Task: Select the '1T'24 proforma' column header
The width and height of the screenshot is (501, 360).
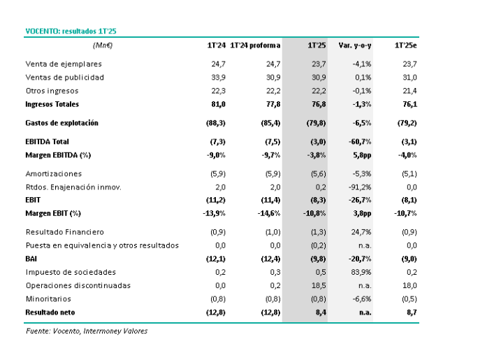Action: click(255, 45)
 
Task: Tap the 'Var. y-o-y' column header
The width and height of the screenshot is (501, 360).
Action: click(355, 45)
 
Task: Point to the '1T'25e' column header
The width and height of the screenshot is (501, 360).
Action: click(406, 45)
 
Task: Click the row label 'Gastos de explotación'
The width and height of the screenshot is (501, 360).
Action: click(61, 123)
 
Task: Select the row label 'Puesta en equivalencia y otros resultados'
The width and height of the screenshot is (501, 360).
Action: click(102, 245)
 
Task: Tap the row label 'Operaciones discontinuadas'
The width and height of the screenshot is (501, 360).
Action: click(71, 286)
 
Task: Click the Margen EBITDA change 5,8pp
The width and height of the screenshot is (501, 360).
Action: click(361, 154)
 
